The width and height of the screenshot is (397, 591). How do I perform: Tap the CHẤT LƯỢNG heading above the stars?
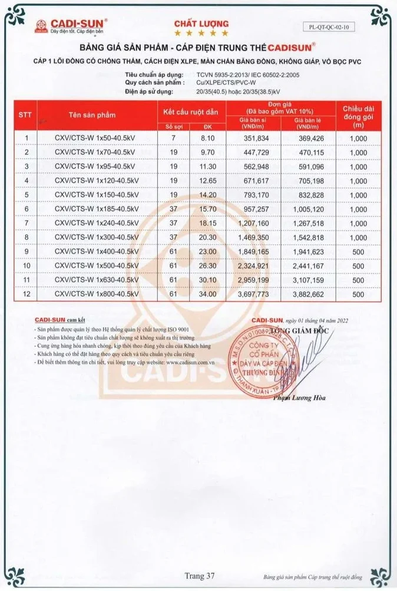coord(198,23)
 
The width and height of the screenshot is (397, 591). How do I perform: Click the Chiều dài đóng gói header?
coord(358,114)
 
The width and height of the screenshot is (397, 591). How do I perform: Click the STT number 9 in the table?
coord(27,251)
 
